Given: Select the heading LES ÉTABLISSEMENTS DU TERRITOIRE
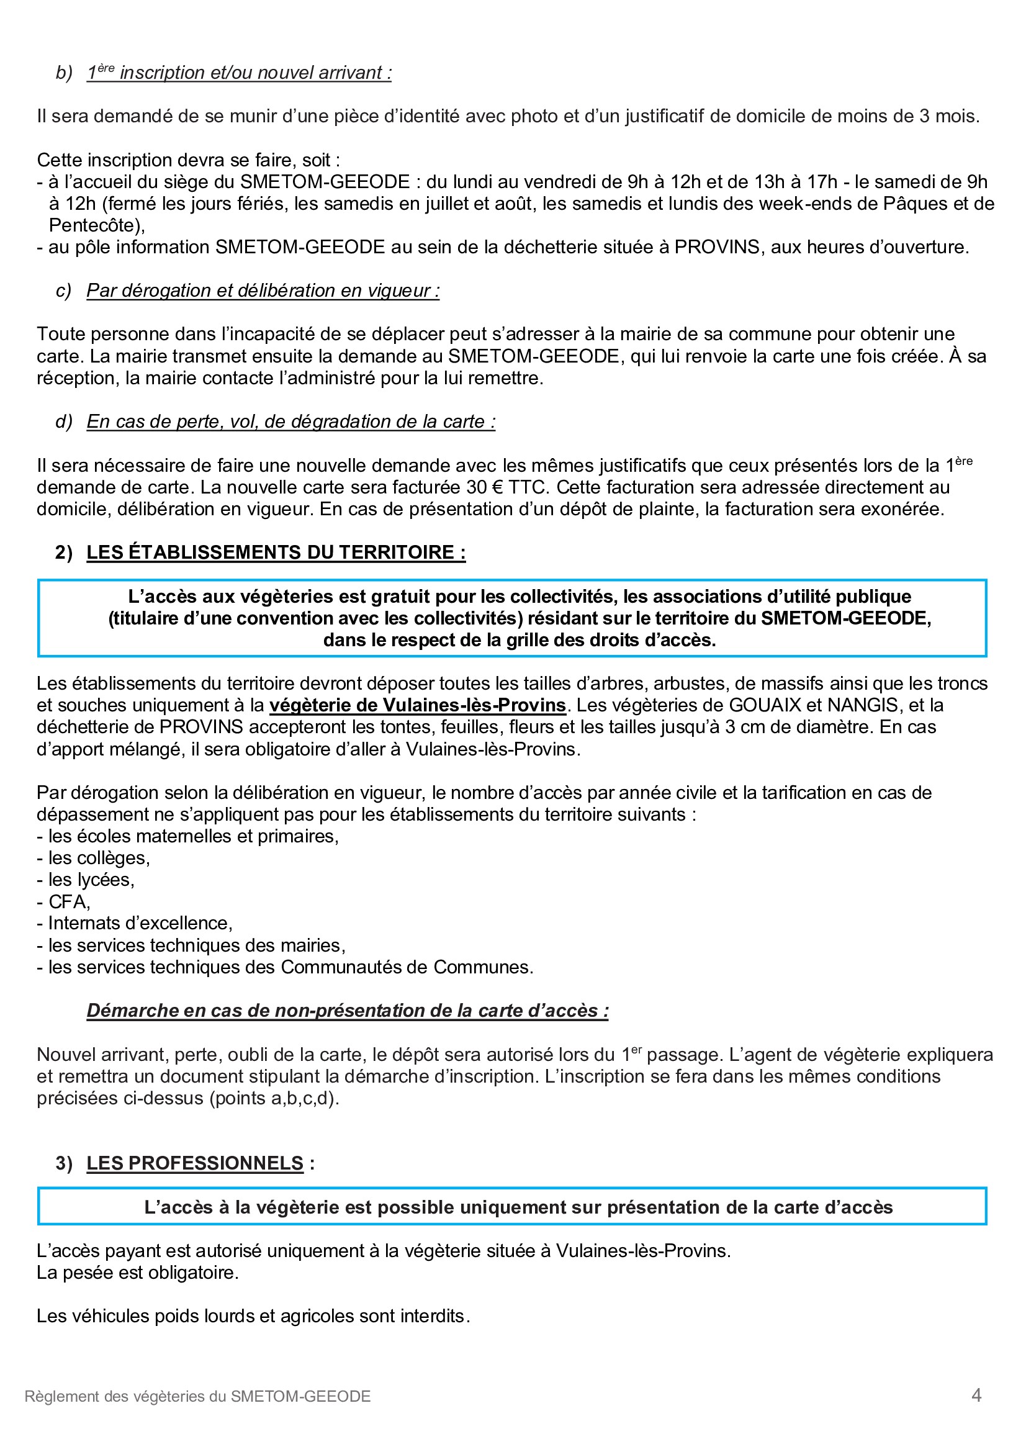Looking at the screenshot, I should [276, 552].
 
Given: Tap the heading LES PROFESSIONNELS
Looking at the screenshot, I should [195, 1163].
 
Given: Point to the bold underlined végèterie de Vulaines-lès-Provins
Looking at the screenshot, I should [417, 705].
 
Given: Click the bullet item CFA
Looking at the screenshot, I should [69, 901].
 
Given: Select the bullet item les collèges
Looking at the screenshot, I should [99, 857].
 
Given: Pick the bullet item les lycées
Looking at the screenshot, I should [91, 880].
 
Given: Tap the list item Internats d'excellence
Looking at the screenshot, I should [140, 923].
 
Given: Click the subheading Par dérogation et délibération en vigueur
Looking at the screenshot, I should [263, 291].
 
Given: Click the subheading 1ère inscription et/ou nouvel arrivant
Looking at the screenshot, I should [239, 73].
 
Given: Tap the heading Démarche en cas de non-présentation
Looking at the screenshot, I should [347, 1011].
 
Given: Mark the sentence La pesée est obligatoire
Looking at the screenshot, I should [138, 1273].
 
